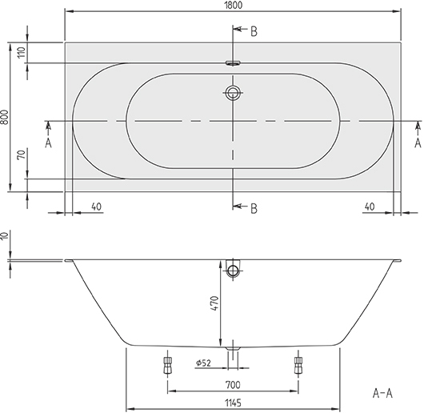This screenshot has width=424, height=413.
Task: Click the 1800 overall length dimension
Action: (x=234, y=5)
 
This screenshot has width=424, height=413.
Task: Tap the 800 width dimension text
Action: (x=4, y=117)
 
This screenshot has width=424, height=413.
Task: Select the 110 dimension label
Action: (x=22, y=52)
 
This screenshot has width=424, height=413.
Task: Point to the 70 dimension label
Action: (x=22, y=154)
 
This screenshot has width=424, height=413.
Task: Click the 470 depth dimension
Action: (x=214, y=303)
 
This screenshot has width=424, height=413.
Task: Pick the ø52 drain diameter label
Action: (x=203, y=363)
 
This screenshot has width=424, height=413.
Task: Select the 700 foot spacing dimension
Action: (x=233, y=385)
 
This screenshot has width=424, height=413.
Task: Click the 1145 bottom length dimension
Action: (x=233, y=403)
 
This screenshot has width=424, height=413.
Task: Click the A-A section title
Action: (x=382, y=393)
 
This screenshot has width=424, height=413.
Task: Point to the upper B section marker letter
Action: (x=254, y=32)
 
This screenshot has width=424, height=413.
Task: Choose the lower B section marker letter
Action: (x=254, y=209)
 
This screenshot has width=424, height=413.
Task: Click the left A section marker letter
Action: (x=48, y=142)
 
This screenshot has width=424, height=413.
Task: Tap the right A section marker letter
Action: (x=418, y=142)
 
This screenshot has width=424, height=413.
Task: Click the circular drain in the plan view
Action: (x=233, y=93)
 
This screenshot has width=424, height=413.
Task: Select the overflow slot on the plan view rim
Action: (x=233, y=63)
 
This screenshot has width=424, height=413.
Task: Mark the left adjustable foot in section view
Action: (x=168, y=365)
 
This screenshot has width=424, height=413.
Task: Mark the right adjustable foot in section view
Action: (x=298, y=365)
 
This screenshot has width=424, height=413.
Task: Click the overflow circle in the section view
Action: (x=233, y=271)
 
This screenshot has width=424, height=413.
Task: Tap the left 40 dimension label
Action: (x=96, y=206)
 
